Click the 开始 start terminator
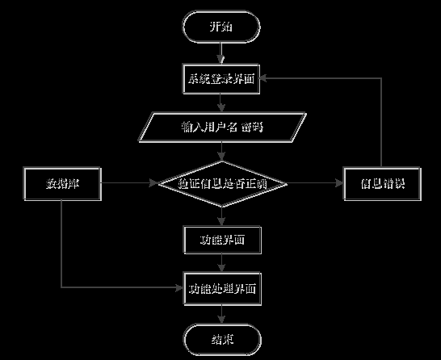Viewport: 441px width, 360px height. click(222, 27)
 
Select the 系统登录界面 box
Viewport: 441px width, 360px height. click(222, 79)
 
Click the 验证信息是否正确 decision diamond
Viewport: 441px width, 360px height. click(222, 184)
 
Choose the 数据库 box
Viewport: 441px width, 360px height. click(61, 184)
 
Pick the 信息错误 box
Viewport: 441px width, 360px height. click(381, 184)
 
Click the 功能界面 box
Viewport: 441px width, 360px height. click(222, 240)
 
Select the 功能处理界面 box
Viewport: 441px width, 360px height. click(222, 287)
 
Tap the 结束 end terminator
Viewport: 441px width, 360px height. click(222, 339)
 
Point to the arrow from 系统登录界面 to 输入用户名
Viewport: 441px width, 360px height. click(222, 103)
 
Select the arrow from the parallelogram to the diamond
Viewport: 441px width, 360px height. click(222, 151)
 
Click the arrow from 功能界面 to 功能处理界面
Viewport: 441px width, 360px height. click(222, 263)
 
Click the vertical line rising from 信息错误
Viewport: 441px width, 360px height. click(381, 121)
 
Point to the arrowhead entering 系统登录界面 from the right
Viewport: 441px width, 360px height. click(267, 79)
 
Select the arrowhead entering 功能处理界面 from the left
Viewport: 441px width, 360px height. click(179, 287)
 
